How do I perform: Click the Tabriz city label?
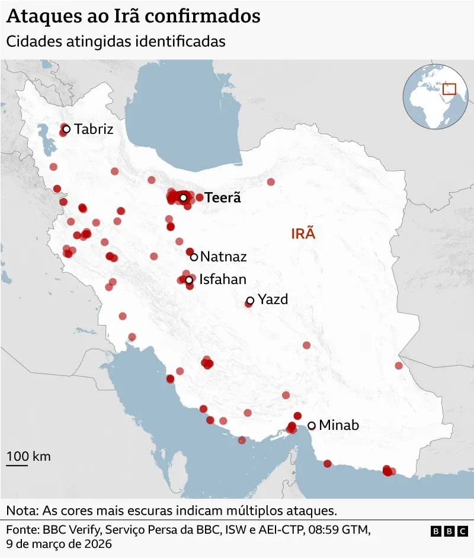click(94, 129)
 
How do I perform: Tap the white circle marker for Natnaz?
click(194, 257)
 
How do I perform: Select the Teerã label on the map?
click(223, 197)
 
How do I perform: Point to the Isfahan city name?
click(223, 279)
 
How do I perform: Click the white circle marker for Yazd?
click(250, 301)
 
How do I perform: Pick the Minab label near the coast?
click(339, 425)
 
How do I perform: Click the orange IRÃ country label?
click(303, 234)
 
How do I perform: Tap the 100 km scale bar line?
click(17, 465)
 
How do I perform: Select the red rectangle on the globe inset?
click(450, 89)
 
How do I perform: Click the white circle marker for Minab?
click(312, 425)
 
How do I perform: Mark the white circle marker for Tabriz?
click(66, 129)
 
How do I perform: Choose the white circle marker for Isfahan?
click(189, 280)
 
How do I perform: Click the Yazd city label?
click(273, 299)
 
